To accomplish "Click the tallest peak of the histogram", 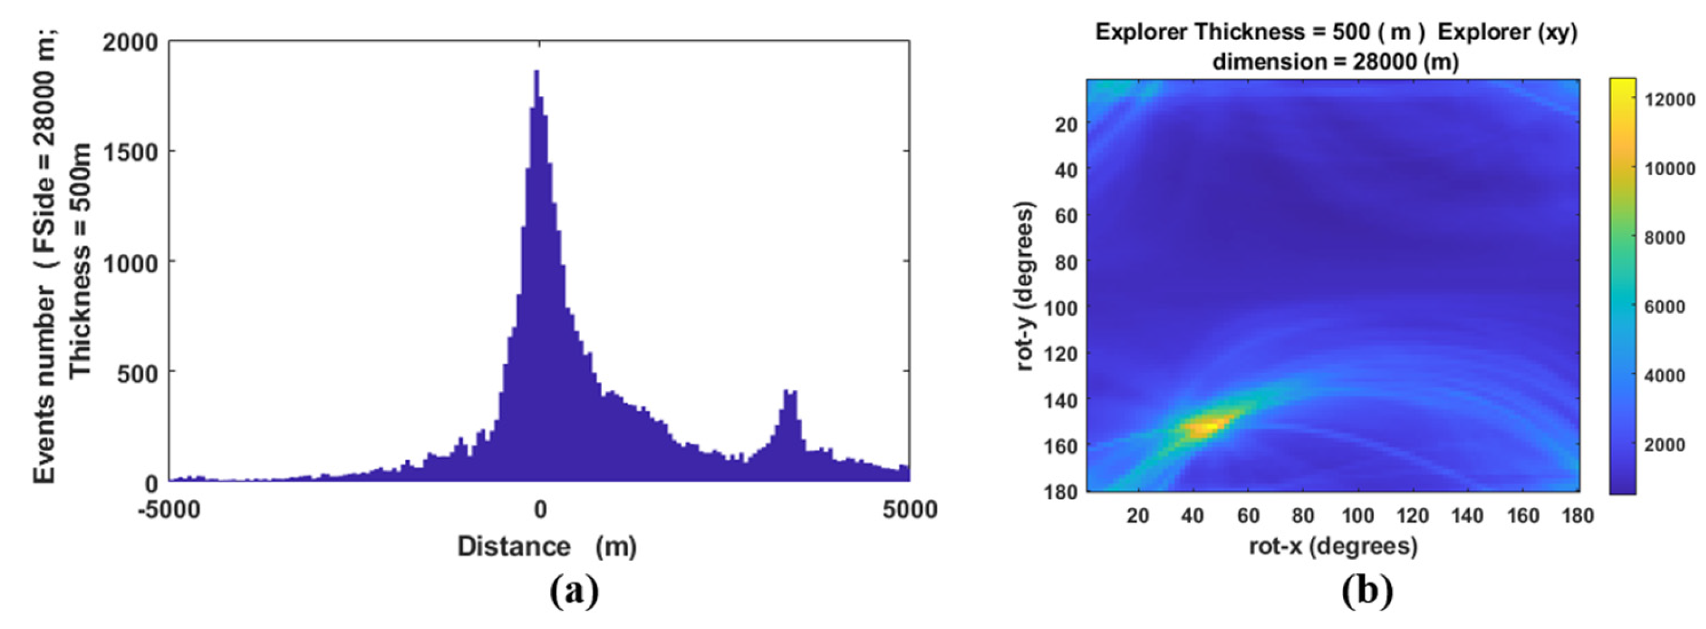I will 536,73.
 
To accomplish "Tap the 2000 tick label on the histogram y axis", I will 131,43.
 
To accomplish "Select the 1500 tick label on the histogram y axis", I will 131,153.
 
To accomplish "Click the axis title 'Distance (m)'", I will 547,547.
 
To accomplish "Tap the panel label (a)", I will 573,592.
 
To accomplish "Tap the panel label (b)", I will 1367,592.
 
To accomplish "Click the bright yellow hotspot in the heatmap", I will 1201,427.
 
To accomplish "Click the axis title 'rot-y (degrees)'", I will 1024,286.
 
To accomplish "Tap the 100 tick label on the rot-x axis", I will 1358,515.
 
